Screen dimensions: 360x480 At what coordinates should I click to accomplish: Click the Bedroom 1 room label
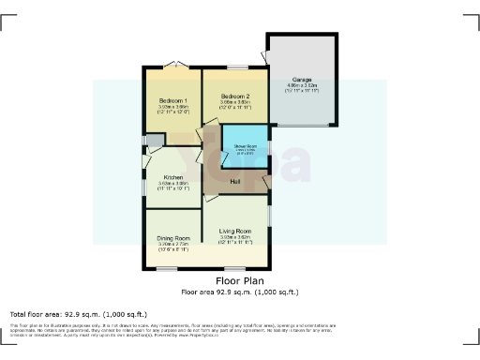[x=173, y=100]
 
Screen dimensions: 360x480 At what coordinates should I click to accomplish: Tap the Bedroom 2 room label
[x=235, y=97]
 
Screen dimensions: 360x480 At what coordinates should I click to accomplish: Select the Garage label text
[x=302, y=80]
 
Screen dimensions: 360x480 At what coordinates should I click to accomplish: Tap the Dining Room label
[x=173, y=238]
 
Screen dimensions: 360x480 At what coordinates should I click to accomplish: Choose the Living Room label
[x=235, y=231]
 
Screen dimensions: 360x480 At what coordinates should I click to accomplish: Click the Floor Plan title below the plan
[x=239, y=280]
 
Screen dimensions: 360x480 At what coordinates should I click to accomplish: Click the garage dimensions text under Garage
[x=302, y=86]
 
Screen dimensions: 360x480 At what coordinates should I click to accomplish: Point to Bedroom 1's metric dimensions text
[x=173, y=107]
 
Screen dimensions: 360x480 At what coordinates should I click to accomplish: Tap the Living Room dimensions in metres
[x=235, y=237]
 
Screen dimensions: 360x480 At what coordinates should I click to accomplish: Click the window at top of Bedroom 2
[x=236, y=67]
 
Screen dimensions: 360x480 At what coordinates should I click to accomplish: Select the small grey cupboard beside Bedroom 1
[x=153, y=141]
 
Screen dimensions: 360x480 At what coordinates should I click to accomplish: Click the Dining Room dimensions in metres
[x=173, y=245]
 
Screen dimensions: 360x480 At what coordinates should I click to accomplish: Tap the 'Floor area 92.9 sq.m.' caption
[x=239, y=292]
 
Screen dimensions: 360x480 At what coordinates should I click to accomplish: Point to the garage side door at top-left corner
[x=264, y=57]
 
